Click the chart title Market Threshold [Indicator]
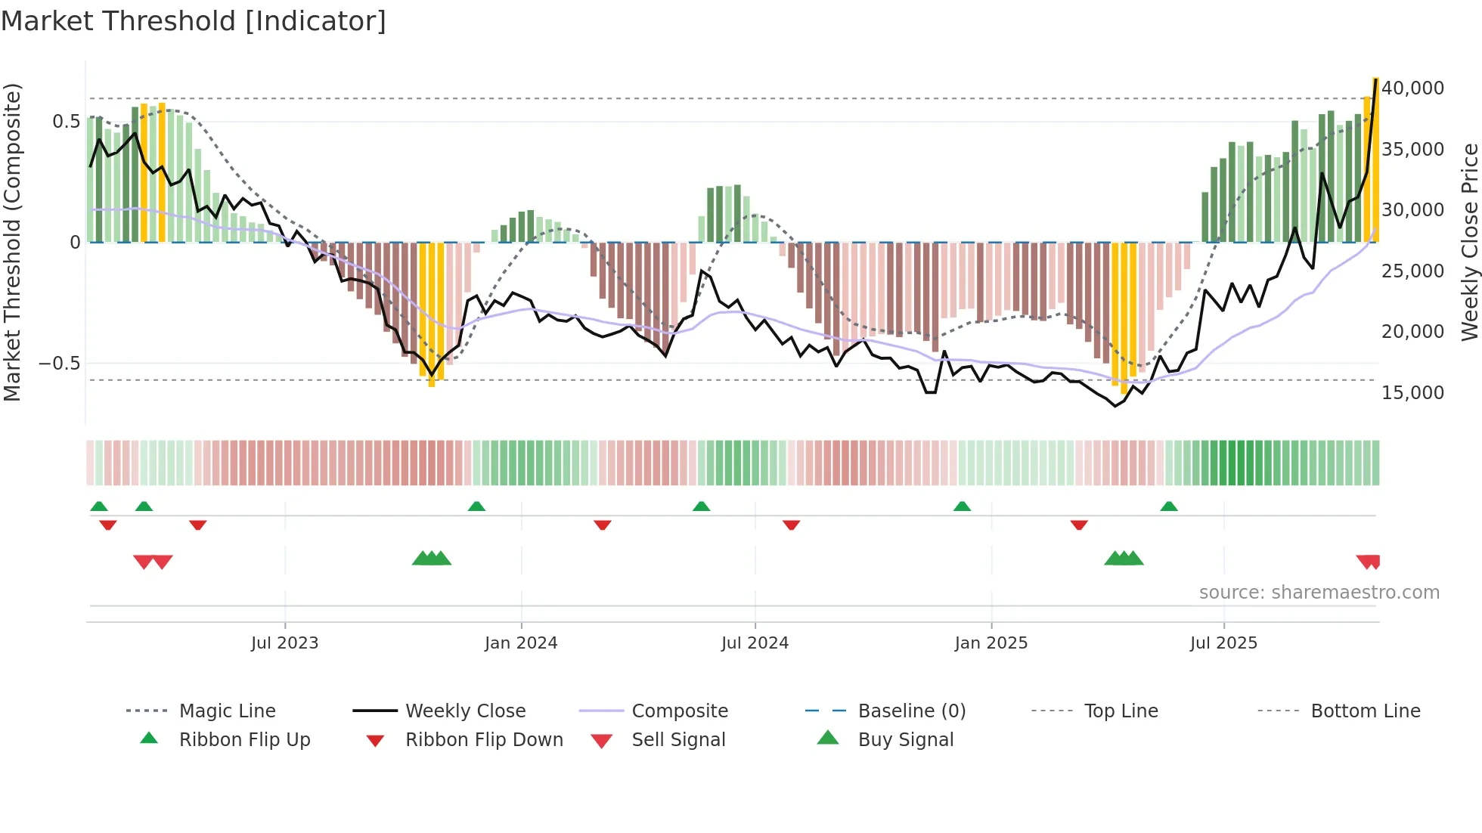194,21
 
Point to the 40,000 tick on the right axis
1412,88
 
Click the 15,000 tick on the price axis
1412,393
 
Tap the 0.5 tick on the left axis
66,122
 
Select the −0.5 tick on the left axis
60,364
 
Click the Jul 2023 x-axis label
284,643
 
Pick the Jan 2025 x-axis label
991,643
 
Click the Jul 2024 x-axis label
755,643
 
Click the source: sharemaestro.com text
1319,593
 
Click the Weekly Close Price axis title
1469,242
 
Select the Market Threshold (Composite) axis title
12,242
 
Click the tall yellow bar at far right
1375,159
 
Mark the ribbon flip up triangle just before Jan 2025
962,506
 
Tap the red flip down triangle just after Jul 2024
791,525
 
